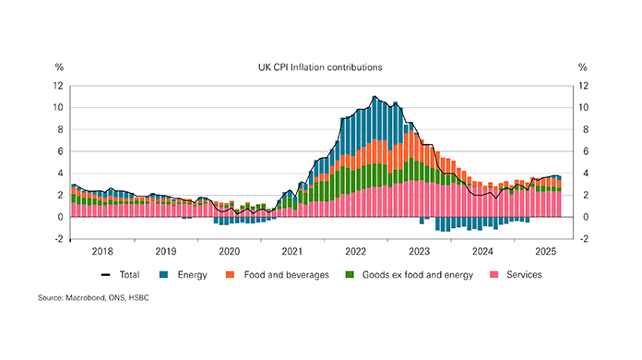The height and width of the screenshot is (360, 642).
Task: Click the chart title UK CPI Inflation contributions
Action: [320, 67]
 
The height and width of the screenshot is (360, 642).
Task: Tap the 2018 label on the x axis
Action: [102, 251]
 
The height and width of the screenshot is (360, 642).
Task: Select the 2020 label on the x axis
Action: [229, 251]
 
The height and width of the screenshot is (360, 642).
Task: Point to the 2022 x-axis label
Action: [355, 251]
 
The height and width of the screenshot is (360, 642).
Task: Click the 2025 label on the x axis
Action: [544, 251]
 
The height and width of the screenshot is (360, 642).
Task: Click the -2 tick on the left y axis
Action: [57, 239]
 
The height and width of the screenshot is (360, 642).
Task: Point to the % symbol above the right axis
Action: [582, 67]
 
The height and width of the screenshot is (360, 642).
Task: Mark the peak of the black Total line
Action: [374, 96]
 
